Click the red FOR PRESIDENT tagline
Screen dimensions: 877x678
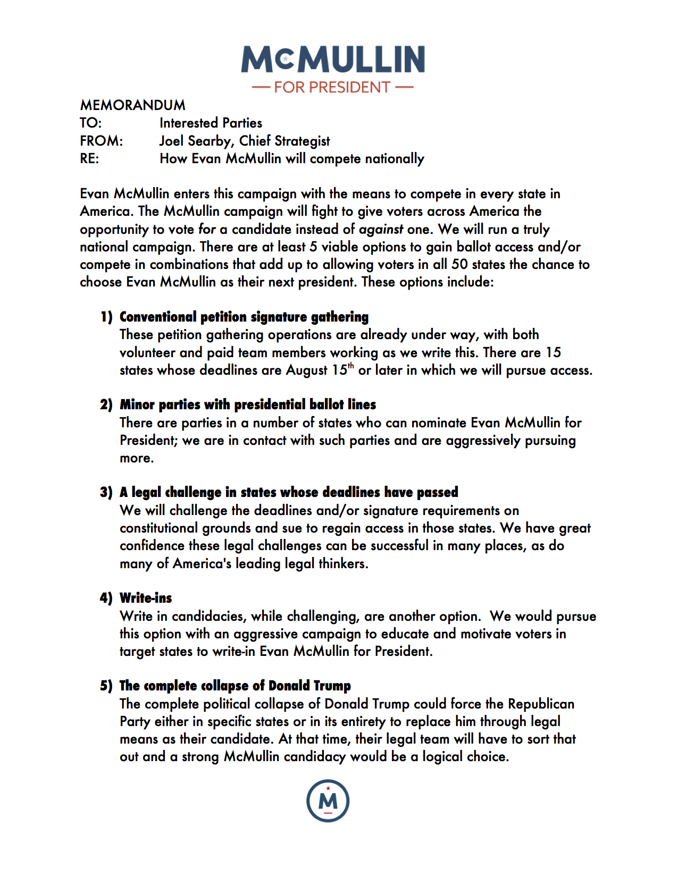click(332, 87)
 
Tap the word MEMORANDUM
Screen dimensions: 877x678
click(133, 105)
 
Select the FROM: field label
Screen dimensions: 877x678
click(101, 141)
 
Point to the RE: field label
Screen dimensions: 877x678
click(89, 158)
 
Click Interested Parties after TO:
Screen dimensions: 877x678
click(211, 123)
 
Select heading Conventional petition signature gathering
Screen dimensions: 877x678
click(244, 317)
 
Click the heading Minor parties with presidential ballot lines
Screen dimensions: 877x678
click(248, 404)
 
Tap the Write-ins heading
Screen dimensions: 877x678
click(146, 598)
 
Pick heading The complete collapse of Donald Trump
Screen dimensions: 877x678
click(235, 686)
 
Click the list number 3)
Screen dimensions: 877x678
click(106, 492)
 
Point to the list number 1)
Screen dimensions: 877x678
click(106, 317)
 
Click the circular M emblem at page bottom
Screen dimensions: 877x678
click(328, 801)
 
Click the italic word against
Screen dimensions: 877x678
click(381, 229)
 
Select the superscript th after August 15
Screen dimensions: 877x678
click(351, 366)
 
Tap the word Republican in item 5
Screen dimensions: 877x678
click(541, 704)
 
